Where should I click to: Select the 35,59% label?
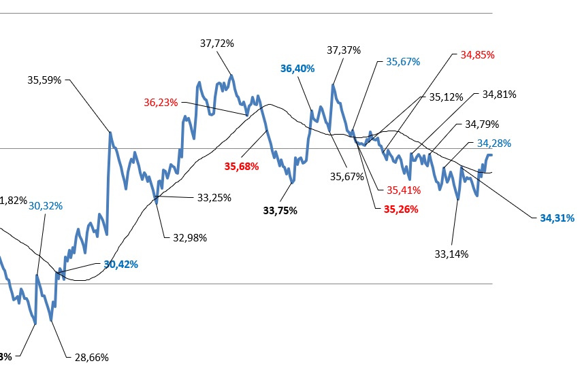click(x=44, y=80)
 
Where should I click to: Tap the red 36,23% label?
click(x=161, y=103)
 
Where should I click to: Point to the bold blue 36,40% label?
click(x=297, y=68)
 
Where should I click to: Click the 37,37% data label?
click(x=344, y=50)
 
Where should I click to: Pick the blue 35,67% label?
click(x=403, y=61)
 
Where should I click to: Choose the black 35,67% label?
click(x=347, y=177)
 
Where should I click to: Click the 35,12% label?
click(x=446, y=97)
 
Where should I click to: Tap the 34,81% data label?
click(x=499, y=94)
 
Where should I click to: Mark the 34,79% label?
click(x=482, y=124)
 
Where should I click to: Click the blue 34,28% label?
click(x=494, y=143)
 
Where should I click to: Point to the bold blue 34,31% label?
click(x=557, y=218)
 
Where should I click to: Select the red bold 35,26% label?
click(x=402, y=209)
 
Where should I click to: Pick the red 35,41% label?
click(x=404, y=190)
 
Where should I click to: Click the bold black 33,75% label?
click(x=280, y=210)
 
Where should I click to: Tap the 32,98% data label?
click(x=190, y=237)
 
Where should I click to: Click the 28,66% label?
click(x=92, y=357)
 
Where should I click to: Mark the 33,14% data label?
click(x=452, y=254)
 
